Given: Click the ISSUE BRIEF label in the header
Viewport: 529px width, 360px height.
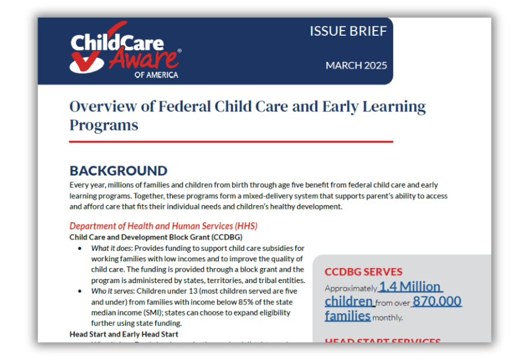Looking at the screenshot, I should pyautogui.click(x=348, y=31).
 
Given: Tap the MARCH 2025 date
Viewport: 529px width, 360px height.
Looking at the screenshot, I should pyautogui.click(x=356, y=65).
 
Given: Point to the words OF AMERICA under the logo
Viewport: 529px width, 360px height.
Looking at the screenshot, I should pyautogui.click(x=157, y=75).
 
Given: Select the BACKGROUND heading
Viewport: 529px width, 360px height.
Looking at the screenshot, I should pyautogui.click(x=118, y=171).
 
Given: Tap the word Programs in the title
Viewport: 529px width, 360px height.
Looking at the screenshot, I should pyautogui.click(x=104, y=125).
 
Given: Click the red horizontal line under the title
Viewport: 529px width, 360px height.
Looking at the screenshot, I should pyautogui.click(x=231, y=142).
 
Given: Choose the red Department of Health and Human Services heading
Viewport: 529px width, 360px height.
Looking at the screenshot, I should pyautogui.click(x=163, y=226).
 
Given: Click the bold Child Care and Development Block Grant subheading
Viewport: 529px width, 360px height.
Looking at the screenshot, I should pyautogui.click(x=156, y=237).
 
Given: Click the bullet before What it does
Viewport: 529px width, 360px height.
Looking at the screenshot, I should pyautogui.click(x=80, y=248).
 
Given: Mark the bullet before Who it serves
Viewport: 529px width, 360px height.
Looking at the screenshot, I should pyautogui.click(x=80, y=291).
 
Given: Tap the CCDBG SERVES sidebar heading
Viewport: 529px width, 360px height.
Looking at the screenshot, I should pyautogui.click(x=364, y=272).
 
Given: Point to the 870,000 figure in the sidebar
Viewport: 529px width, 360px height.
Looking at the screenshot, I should pyautogui.click(x=437, y=301).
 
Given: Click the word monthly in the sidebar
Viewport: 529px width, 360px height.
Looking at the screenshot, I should pyautogui.click(x=388, y=317).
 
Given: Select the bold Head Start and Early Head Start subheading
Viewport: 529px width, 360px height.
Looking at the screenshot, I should pyautogui.click(x=124, y=334).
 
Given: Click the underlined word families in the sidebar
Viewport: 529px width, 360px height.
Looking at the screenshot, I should pyautogui.click(x=347, y=316).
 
